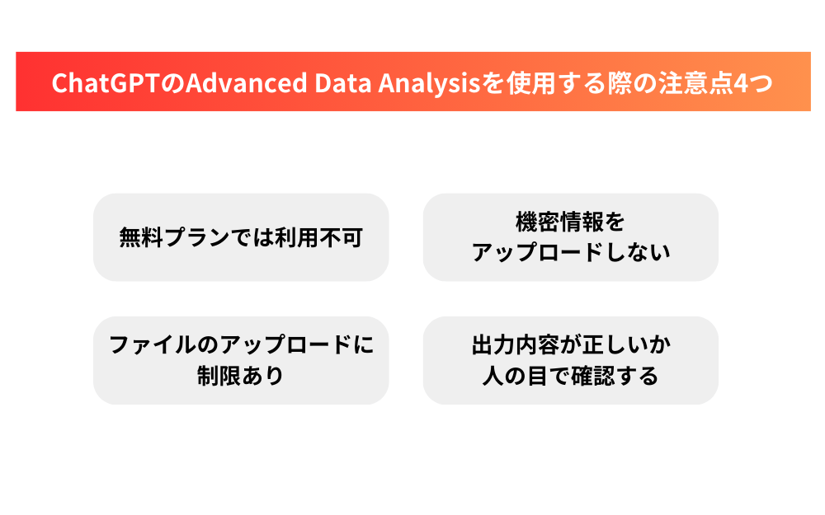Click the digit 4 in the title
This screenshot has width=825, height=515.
[x=734, y=83]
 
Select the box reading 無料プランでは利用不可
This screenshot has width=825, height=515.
[x=241, y=237]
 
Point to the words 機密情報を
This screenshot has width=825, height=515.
[x=570, y=222]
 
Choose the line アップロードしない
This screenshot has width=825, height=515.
[x=570, y=252]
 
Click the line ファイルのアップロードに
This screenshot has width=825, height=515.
[x=241, y=344]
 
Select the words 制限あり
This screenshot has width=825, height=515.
[x=241, y=376]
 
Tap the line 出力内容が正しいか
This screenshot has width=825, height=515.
[x=570, y=344]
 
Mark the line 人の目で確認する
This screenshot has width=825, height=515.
[x=570, y=376]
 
